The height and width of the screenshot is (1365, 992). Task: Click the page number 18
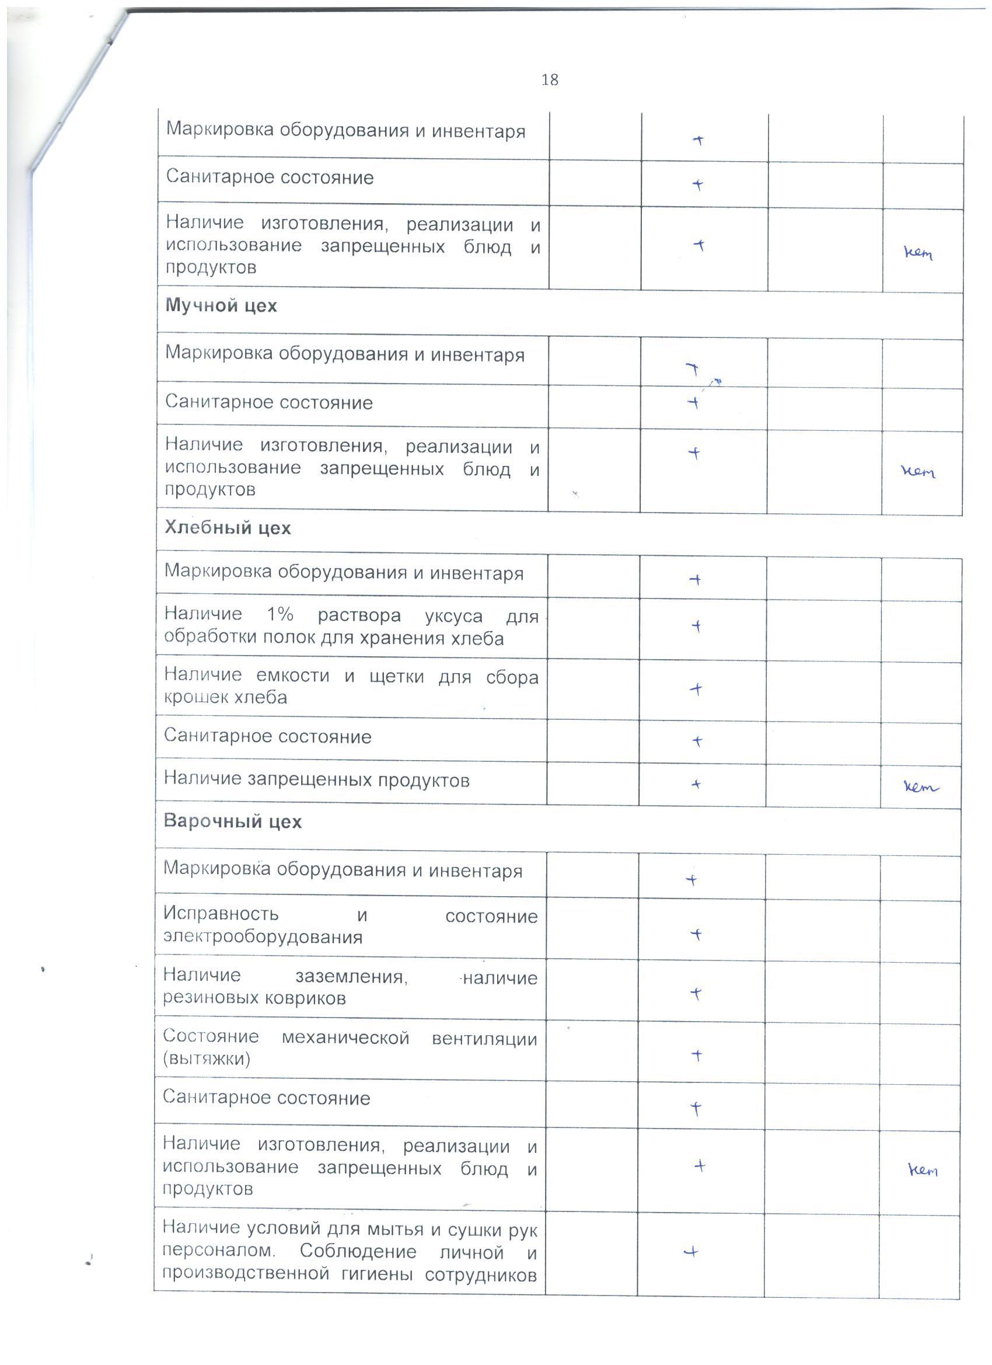tap(549, 79)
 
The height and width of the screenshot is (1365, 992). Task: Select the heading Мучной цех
tap(221, 306)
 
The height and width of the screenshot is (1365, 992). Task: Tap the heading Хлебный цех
tap(228, 528)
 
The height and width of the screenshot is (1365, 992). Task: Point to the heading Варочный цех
tap(232, 821)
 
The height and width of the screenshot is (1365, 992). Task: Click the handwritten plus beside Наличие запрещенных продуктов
tap(696, 784)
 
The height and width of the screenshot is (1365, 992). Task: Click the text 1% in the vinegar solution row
tap(280, 615)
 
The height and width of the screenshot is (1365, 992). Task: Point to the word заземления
tap(351, 976)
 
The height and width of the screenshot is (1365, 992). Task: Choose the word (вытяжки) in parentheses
tap(207, 1058)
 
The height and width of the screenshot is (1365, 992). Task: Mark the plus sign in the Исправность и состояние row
tap(696, 934)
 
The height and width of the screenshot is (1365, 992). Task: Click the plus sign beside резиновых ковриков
tap(696, 994)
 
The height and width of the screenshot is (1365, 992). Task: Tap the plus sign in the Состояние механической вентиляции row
tap(697, 1055)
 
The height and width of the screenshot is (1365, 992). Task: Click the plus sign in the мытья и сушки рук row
tap(692, 1252)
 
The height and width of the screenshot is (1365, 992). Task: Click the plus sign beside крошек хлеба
tap(696, 689)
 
